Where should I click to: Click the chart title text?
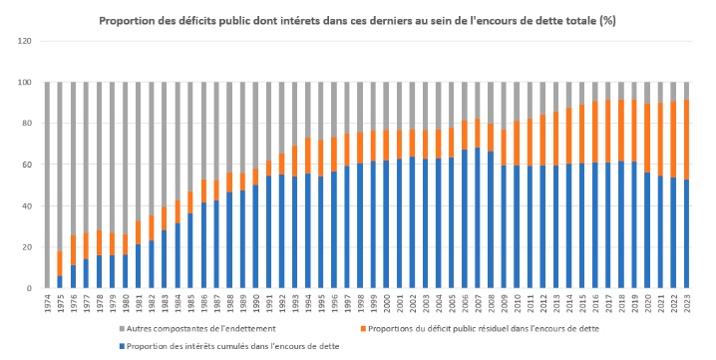pos(358,21)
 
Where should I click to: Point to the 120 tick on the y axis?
pos(25,41)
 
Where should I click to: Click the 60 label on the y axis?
pos(27,165)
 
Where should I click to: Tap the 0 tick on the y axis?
pos(29,288)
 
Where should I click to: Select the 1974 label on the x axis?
pos(48,304)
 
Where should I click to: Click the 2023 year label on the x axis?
pos(686,304)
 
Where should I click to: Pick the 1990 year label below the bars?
pos(256,304)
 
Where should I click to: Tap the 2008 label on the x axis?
pos(491,304)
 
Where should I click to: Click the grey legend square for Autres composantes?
pos(122,328)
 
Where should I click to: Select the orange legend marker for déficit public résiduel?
pos(363,328)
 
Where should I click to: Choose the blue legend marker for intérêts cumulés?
pos(122,346)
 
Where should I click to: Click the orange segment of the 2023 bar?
pos(686,140)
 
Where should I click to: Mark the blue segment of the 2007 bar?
pos(478,218)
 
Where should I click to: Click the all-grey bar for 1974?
pos(47,185)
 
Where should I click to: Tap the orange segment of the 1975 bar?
pos(60,263)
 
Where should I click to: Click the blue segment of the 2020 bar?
pos(647,230)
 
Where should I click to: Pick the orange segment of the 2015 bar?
pos(582,134)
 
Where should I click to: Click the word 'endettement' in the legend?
pos(253,328)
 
